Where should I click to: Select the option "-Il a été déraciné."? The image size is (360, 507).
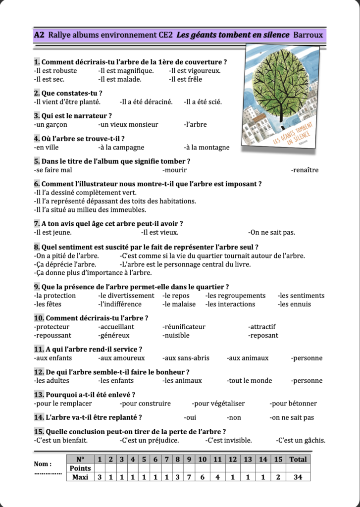pos(146,102)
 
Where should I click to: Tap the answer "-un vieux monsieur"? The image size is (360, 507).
pos(128,125)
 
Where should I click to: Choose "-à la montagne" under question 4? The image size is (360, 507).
pos(206,148)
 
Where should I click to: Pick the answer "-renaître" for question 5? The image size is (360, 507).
pos(305,170)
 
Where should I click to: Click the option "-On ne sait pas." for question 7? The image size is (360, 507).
pos(272,232)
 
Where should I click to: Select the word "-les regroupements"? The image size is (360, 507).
pos(236,296)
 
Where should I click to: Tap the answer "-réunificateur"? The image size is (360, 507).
pos(184,327)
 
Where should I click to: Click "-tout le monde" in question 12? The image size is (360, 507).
pos(249,381)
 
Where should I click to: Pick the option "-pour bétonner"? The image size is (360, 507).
pos(293,404)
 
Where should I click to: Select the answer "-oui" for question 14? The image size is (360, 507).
pos(190,418)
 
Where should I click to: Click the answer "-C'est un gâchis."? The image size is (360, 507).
pos(301,441)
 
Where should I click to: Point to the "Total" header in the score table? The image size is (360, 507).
pos(298,459)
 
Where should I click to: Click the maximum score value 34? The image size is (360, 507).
pos(298,477)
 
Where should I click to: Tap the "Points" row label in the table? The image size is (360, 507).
pos(80,468)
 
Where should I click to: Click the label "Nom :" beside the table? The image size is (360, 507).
pos(43,464)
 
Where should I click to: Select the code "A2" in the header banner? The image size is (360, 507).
pos(39,35)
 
